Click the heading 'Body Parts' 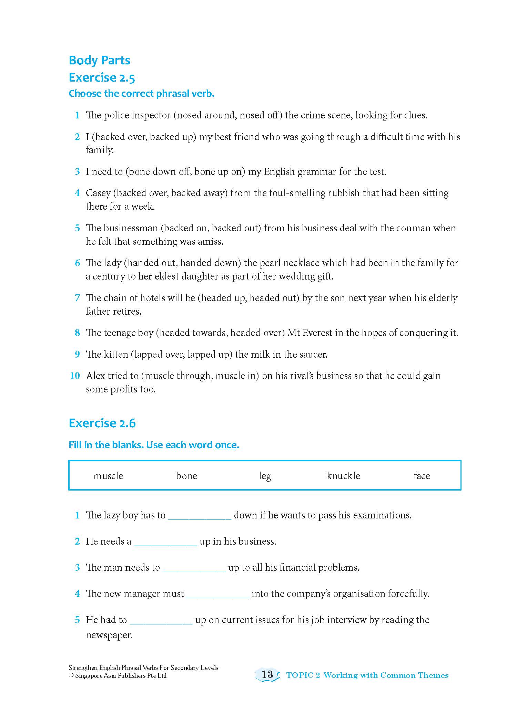[x=99, y=60]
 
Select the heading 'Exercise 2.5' [x=102, y=78]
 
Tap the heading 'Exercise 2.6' [x=102, y=423]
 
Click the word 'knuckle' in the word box [x=343, y=476]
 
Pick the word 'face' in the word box [x=422, y=476]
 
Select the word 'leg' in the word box [x=265, y=476]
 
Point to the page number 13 [x=267, y=674]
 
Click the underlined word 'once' [x=226, y=445]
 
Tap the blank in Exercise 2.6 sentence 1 [x=200, y=516]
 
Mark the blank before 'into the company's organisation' [x=217, y=594]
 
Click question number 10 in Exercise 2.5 [x=75, y=376]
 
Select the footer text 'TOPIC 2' [x=303, y=675]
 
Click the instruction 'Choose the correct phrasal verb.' [x=141, y=94]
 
